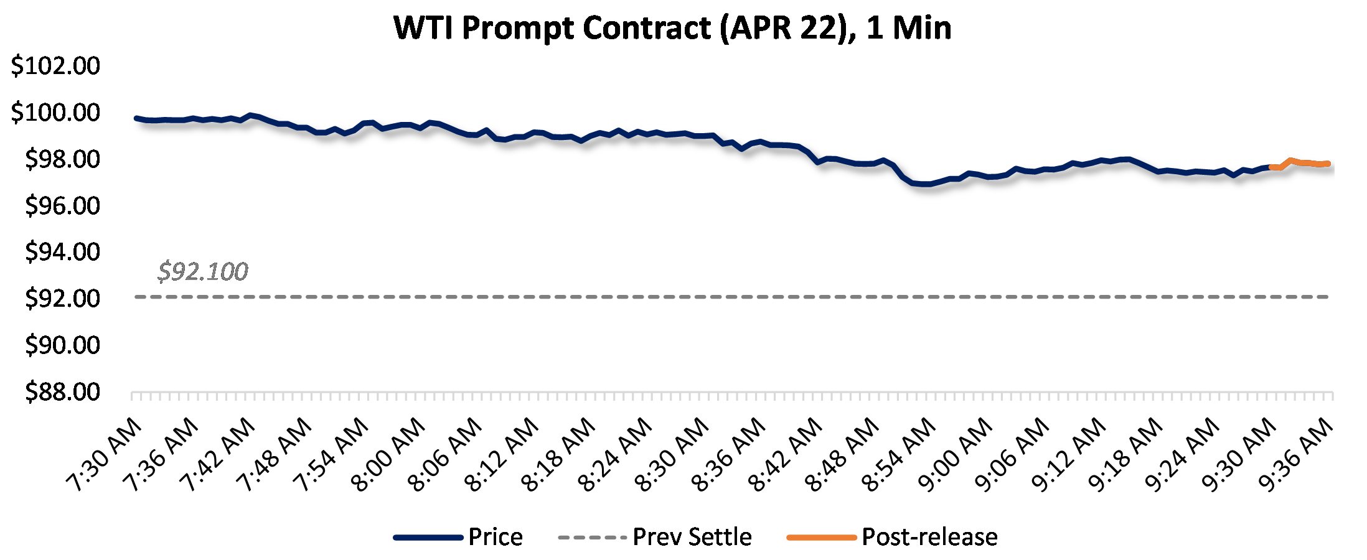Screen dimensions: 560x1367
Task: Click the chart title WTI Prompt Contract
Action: [672, 28]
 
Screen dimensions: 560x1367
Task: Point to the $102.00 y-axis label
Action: [55, 65]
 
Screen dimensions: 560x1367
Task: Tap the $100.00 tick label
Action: [55, 112]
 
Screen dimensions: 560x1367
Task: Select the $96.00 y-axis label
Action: [62, 205]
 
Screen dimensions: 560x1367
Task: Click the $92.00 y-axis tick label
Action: [62, 298]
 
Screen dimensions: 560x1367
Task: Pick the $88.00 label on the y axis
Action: [62, 391]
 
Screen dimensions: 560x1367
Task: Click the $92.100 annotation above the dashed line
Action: [202, 271]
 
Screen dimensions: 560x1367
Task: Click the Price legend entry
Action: [495, 537]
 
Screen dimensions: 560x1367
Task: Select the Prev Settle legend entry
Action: [692, 537]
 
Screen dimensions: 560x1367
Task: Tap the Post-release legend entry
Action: [929, 537]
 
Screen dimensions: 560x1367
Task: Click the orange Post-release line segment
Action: [1301, 163]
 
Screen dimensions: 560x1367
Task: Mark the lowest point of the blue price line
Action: [924, 184]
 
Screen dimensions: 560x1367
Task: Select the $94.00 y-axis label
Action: [62, 252]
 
